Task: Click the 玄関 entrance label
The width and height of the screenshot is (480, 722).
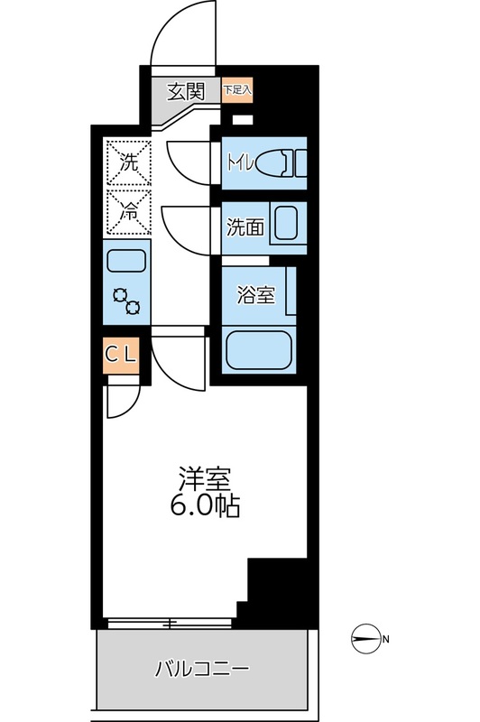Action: (186, 90)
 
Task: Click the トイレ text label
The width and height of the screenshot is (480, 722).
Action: (239, 163)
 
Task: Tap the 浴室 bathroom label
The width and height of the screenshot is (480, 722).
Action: (255, 295)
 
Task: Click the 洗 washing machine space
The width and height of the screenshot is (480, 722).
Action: (126, 163)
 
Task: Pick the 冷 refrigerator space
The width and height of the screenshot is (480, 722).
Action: (126, 213)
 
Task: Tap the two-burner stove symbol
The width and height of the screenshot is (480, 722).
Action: (126, 300)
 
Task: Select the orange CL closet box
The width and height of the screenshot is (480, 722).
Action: (121, 355)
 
